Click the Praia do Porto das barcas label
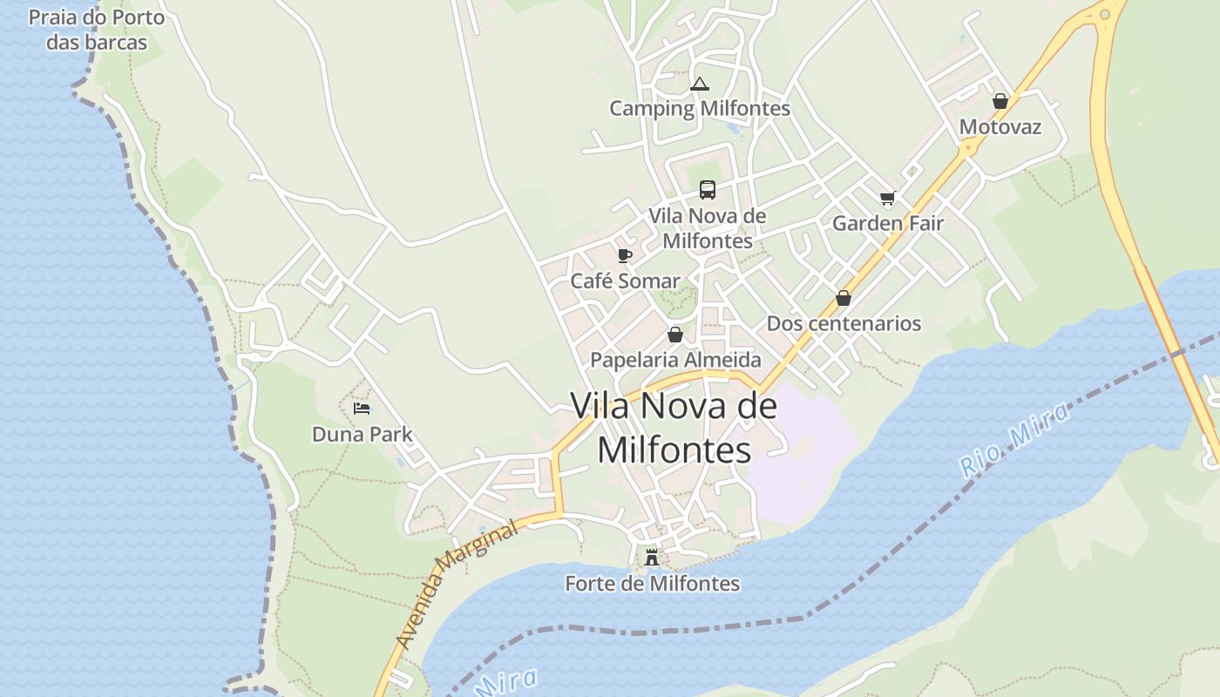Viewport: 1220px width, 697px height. [x=96, y=30]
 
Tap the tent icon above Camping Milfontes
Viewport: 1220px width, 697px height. [x=699, y=85]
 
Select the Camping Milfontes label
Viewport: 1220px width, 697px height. [x=699, y=108]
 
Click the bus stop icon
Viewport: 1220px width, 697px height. [x=707, y=189]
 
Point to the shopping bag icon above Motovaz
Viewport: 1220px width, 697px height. [x=1000, y=101]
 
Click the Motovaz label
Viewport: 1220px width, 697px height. [x=1000, y=126]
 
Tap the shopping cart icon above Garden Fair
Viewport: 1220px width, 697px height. [x=887, y=198]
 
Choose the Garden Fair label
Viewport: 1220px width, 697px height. [x=887, y=223]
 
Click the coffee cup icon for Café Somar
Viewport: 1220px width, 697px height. [x=624, y=255]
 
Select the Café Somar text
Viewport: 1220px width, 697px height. [x=624, y=281]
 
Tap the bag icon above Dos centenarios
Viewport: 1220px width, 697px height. [x=843, y=298]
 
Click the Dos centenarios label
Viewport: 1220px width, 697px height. [x=843, y=323]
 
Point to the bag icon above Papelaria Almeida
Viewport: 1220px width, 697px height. [x=674, y=335]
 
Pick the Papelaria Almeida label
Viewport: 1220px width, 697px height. [x=674, y=359]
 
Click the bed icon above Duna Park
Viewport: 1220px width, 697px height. [x=362, y=408]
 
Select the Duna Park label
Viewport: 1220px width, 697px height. [x=362, y=433]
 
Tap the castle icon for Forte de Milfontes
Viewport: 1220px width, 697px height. [x=652, y=558]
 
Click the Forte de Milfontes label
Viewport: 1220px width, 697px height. [x=652, y=583]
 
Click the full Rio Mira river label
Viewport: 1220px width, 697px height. [x=1014, y=440]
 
